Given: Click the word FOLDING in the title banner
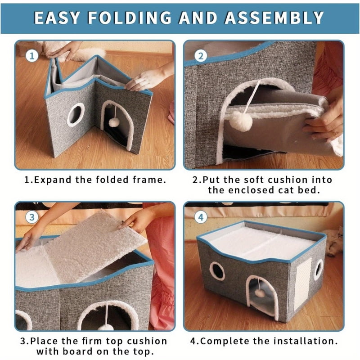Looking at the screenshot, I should [x=131, y=18].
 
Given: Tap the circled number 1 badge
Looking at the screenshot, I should [x=31, y=56].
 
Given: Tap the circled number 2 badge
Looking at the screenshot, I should [x=201, y=56].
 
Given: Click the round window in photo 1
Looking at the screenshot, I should [x=76, y=115].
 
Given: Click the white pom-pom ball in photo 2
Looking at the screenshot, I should [x=240, y=121].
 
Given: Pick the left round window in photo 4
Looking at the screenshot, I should [x=217, y=271].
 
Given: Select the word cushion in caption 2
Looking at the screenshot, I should [x=291, y=180].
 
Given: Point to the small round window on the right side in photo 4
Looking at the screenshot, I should [x=319, y=269].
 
